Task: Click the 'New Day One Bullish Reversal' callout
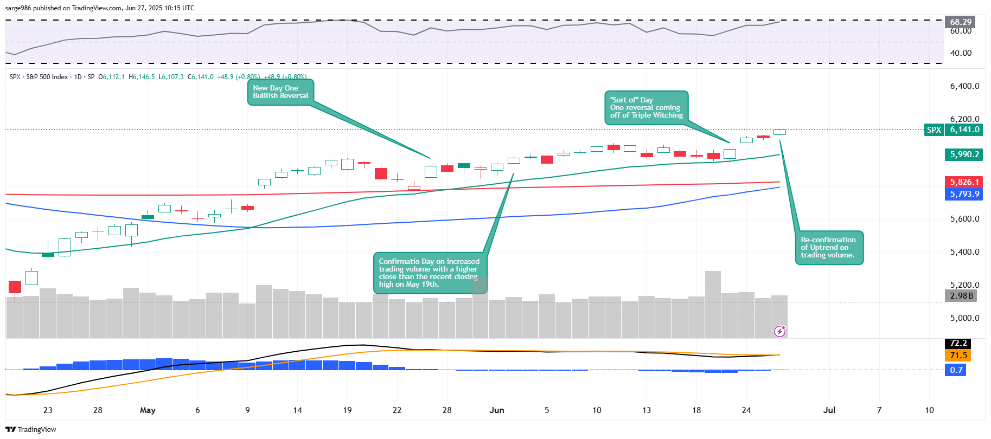coord(280,92)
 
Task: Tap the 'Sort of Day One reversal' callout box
coord(646,107)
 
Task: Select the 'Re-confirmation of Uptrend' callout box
coord(828,248)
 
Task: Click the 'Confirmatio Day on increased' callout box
coord(430,273)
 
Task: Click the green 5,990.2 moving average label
coord(964,155)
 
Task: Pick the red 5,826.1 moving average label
coord(964,182)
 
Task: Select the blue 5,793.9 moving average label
coord(964,194)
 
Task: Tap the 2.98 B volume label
coord(962,296)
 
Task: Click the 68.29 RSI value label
coord(960,22)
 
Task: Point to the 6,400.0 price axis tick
coord(964,86)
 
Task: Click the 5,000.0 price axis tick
coord(964,318)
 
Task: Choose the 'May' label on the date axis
coord(148,410)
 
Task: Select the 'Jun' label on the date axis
coord(497,410)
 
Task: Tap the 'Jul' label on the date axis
coord(829,410)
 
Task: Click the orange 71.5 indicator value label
coord(958,356)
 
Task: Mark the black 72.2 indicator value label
coord(958,344)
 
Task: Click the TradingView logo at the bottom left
coord(31,429)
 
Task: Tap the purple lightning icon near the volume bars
coord(779,331)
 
